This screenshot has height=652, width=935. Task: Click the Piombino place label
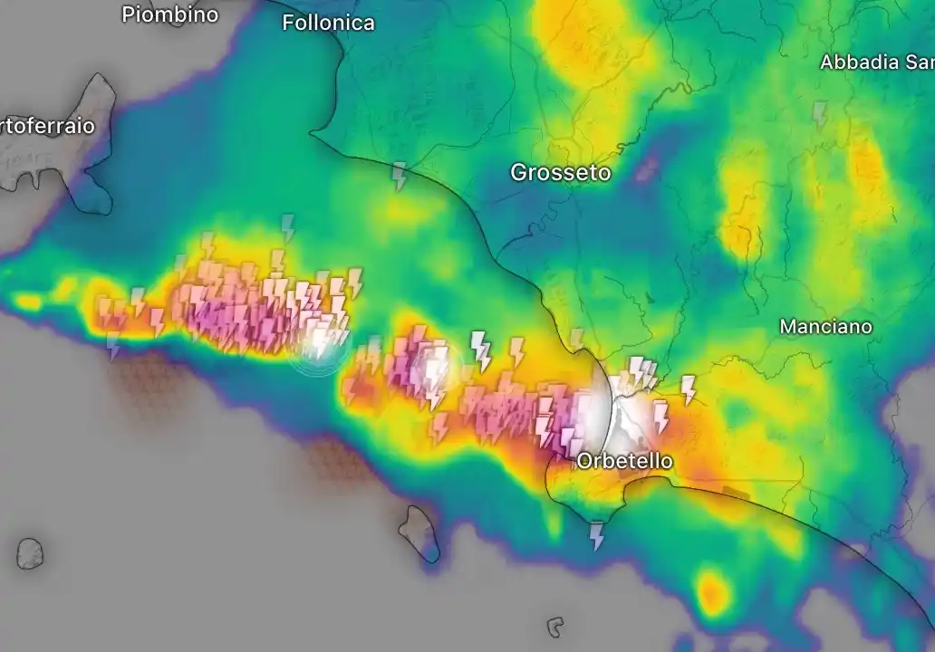169,14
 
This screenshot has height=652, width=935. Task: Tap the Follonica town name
328,23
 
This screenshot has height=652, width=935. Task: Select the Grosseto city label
560,172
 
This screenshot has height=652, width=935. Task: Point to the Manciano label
825,326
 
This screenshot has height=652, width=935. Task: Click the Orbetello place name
624,461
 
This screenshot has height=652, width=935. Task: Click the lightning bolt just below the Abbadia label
819,114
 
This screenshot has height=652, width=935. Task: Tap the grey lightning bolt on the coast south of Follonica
399,176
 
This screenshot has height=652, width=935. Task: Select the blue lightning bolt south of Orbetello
596,535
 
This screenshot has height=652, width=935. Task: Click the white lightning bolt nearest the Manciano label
688,388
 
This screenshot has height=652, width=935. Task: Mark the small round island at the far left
30,553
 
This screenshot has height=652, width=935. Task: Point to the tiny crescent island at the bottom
555,627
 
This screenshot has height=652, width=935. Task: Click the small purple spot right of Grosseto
647,168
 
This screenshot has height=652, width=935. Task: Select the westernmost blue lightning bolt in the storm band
113,344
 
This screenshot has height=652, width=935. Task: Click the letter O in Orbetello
585,461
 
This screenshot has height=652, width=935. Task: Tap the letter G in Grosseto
518,172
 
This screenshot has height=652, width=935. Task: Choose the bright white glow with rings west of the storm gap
319,343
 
